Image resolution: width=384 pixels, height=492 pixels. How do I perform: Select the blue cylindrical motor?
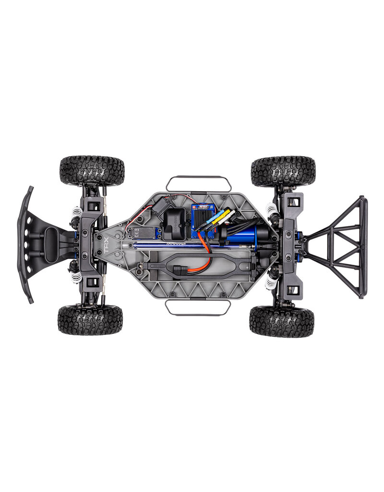point(244,235)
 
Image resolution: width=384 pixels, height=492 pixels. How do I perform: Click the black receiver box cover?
point(175,223)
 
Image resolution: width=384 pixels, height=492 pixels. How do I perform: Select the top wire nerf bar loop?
point(199,182)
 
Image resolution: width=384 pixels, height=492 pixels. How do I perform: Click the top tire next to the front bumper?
point(92,171)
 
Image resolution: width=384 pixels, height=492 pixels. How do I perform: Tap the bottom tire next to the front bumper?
point(90,320)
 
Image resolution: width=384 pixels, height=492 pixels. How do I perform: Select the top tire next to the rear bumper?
point(283,171)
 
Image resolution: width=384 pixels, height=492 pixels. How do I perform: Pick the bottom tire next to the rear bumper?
point(281,321)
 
